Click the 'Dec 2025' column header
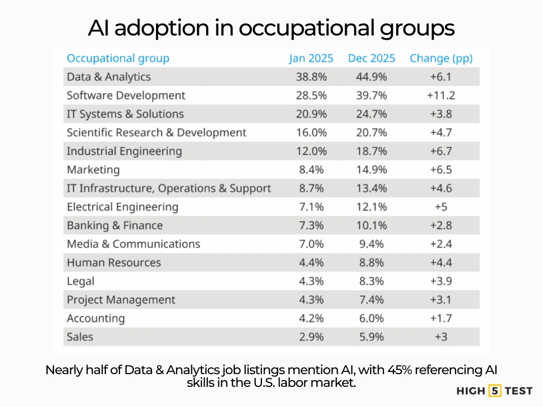(x=371, y=58)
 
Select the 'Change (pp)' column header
(x=441, y=58)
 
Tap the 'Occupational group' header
(x=118, y=58)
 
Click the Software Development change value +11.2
(x=441, y=95)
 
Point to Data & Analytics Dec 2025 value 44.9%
(x=371, y=77)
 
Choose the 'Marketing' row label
(x=93, y=170)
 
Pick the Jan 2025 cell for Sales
(x=311, y=337)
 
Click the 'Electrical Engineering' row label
(x=122, y=207)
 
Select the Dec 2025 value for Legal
(x=371, y=281)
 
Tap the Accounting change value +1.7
(x=441, y=318)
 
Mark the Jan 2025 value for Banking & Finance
(x=311, y=225)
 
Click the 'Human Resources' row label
(x=113, y=262)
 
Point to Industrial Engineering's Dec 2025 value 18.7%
(x=371, y=151)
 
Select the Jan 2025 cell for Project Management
(x=311, y=299)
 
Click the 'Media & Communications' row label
(x=134, y=244)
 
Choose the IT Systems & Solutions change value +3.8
(x=441, y=114)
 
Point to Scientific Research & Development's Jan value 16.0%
(x=311, y=132)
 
